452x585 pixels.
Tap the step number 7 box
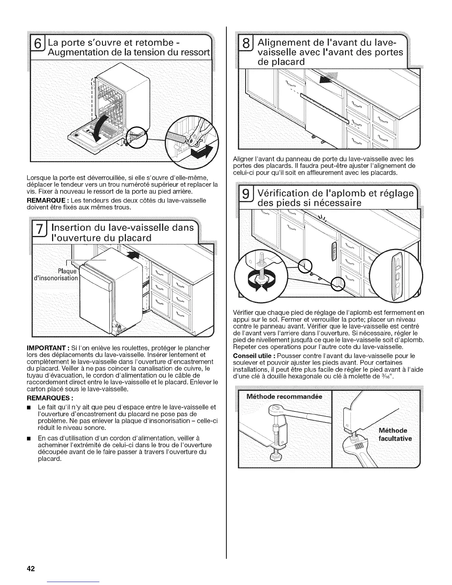pos(38,233)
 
